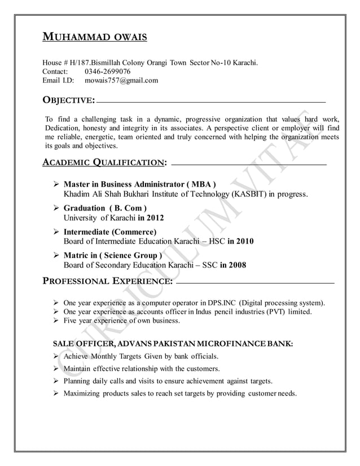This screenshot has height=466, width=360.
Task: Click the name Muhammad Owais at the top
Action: pos(95,38)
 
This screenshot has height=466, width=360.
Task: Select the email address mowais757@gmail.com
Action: pos(121,81)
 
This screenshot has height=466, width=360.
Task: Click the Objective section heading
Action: pos(69,101)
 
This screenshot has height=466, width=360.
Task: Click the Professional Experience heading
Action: pos(108,280)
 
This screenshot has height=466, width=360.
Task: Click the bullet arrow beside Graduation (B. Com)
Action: pos(56,208)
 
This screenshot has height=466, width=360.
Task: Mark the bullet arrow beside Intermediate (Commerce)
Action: pos(56,232)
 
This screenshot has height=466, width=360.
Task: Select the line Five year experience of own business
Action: pos(121,320)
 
